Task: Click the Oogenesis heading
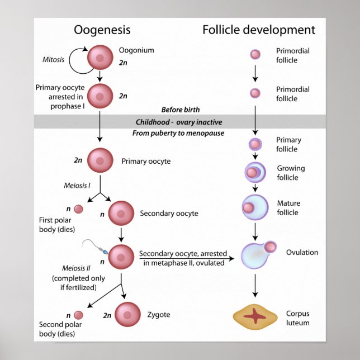[102, 30]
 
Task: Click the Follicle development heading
[258, 30]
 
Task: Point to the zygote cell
[128, 315]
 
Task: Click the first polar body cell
[79, 209]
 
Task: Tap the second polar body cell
[79, 315]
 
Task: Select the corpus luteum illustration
[255, 316]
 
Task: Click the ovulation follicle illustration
[258, 254]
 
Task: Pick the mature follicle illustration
[254, 207]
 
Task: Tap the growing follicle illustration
[255, 173]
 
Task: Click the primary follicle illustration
[255, 145]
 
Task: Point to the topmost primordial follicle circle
[255, 55]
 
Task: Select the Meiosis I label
[77, 186]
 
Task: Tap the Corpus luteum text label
[297, 318]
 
